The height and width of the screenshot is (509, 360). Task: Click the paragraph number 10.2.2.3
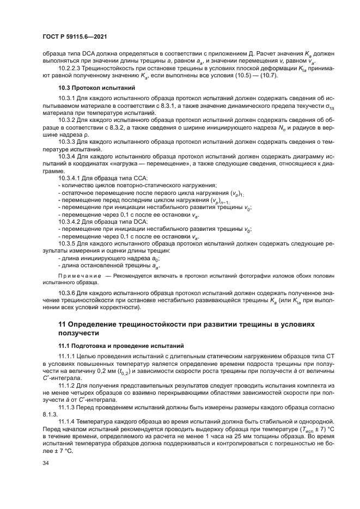[x=70, y=69]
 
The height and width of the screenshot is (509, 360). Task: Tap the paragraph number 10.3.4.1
[x=69, y=178]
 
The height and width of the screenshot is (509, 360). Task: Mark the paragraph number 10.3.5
[x=66, y=244]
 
